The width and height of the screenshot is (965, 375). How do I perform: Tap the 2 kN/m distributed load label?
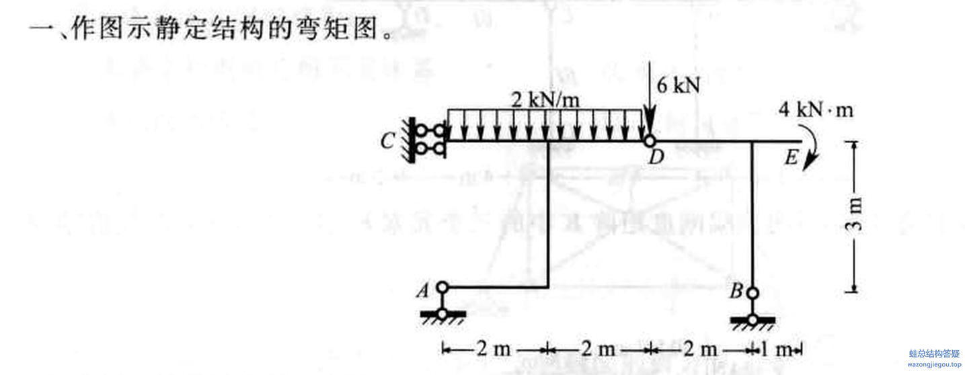[545, 99]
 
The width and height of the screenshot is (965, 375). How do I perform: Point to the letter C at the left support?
[386, 142]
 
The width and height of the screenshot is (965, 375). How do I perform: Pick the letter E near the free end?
[792, 159]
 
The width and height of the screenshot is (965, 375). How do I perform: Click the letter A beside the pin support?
[424, 290]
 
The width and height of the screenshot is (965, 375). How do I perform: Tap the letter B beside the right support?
[736, 292]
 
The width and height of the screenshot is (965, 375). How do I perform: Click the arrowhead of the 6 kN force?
[650, 128]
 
